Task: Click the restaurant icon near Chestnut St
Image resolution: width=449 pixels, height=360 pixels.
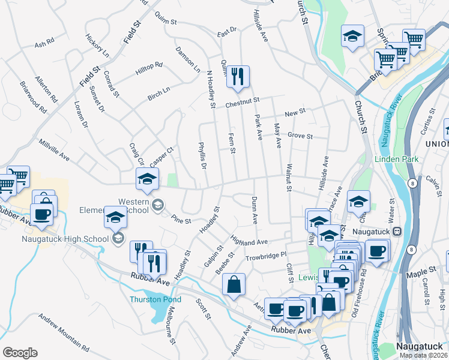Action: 238,77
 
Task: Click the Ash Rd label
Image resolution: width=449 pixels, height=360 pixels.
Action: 44,44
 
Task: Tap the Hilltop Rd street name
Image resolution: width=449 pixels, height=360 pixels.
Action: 149,68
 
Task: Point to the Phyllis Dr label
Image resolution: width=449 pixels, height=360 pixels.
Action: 202,155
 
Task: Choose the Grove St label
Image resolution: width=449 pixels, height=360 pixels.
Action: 300,136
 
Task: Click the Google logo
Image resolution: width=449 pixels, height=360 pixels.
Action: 20,352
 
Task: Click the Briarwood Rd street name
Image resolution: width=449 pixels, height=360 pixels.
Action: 33,97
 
